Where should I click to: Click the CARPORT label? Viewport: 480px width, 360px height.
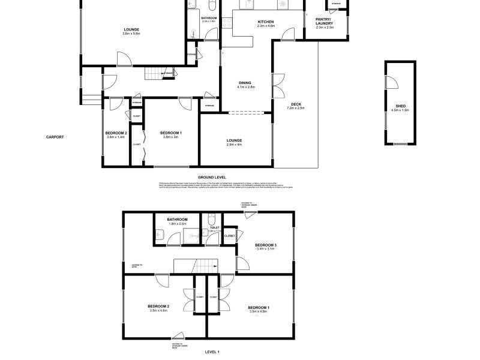[x=55, y=137]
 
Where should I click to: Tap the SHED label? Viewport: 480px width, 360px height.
[x=392, y=106]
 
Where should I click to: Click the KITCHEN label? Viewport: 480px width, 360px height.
[x=265, y=22]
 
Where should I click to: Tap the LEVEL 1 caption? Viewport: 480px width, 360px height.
[x=212, y=352]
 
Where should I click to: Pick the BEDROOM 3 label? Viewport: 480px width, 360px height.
[x=265, y=245]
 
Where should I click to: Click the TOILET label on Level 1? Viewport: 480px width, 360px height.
[x=214, y=228]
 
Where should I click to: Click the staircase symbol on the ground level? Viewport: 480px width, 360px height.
[x=154, y=73]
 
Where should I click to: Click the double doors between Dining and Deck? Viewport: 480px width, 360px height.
[x=278, y=87]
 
